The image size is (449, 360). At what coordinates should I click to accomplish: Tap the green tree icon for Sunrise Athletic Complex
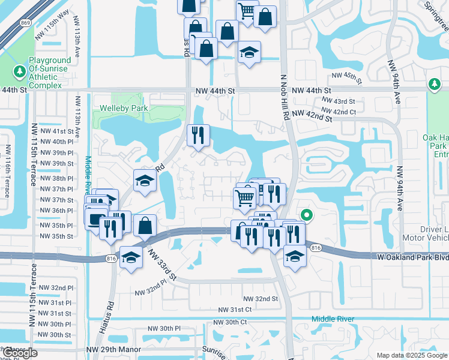(x=19, y=72)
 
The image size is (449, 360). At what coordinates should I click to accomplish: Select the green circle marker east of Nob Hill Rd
(x=306, y=214)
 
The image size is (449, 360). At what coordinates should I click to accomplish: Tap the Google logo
(x=20, y=353)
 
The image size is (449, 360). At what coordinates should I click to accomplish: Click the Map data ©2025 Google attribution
(x=412, y=355)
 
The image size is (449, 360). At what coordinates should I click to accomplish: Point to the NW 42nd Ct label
(x=339, y=111)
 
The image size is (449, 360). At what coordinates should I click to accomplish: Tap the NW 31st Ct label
(x=235, y=310)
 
